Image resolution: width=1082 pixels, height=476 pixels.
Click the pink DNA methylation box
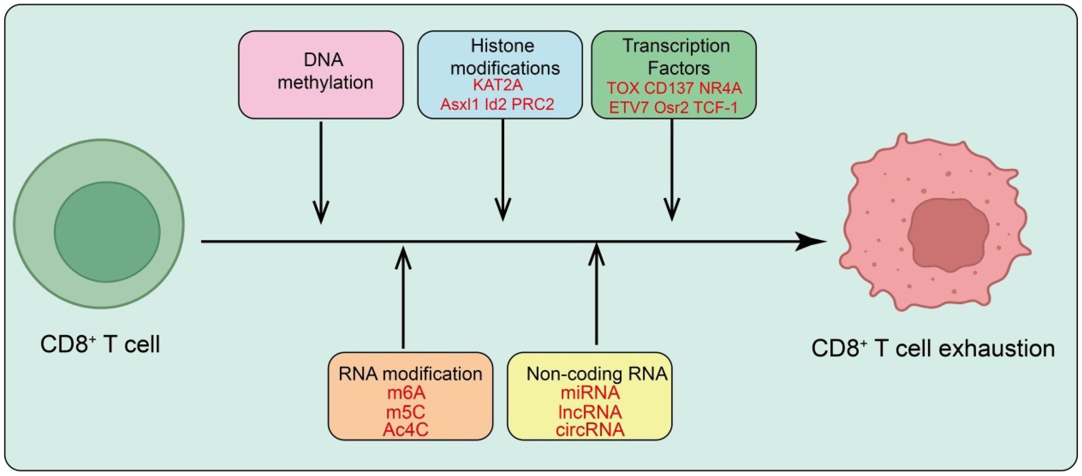[x=320, y=75]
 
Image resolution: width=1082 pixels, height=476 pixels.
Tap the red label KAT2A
[x=498, y=85]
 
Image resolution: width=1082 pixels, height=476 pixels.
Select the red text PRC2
[x=533, y=104]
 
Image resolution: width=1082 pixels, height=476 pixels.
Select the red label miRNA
[x=590, y=393]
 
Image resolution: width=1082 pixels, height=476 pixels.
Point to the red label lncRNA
[x=590, y=412]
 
